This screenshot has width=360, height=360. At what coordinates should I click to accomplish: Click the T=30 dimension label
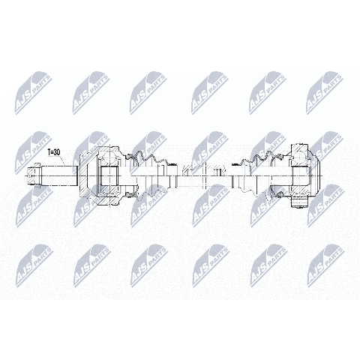pos(54,152)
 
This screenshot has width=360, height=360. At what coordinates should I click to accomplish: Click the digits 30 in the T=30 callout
pos(57,152)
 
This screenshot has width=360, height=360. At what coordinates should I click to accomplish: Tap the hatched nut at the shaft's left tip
pos(33,175)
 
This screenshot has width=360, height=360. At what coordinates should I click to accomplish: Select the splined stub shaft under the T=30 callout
pos(59,175)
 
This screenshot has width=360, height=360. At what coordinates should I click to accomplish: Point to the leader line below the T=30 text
pos(63,160)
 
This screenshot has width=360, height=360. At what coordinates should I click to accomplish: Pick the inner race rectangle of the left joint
pos(109,175)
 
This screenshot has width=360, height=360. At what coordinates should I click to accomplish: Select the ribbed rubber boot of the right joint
pos(260,176)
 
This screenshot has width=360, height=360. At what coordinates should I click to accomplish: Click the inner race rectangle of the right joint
pos(300,175)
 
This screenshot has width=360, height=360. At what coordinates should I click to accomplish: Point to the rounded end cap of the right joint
pos(317,175)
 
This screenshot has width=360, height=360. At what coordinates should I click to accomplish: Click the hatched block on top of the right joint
pos(300,148)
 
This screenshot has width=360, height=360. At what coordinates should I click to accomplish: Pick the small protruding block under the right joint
pos(300,202)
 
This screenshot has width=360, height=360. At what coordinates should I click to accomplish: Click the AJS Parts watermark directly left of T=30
pos(33,152)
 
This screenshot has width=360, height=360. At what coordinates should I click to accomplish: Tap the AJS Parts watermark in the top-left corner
pos(33,93)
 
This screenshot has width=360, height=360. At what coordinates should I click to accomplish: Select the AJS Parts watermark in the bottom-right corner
pos(325,265)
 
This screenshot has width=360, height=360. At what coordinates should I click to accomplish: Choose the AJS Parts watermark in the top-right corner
pos(325,93)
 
